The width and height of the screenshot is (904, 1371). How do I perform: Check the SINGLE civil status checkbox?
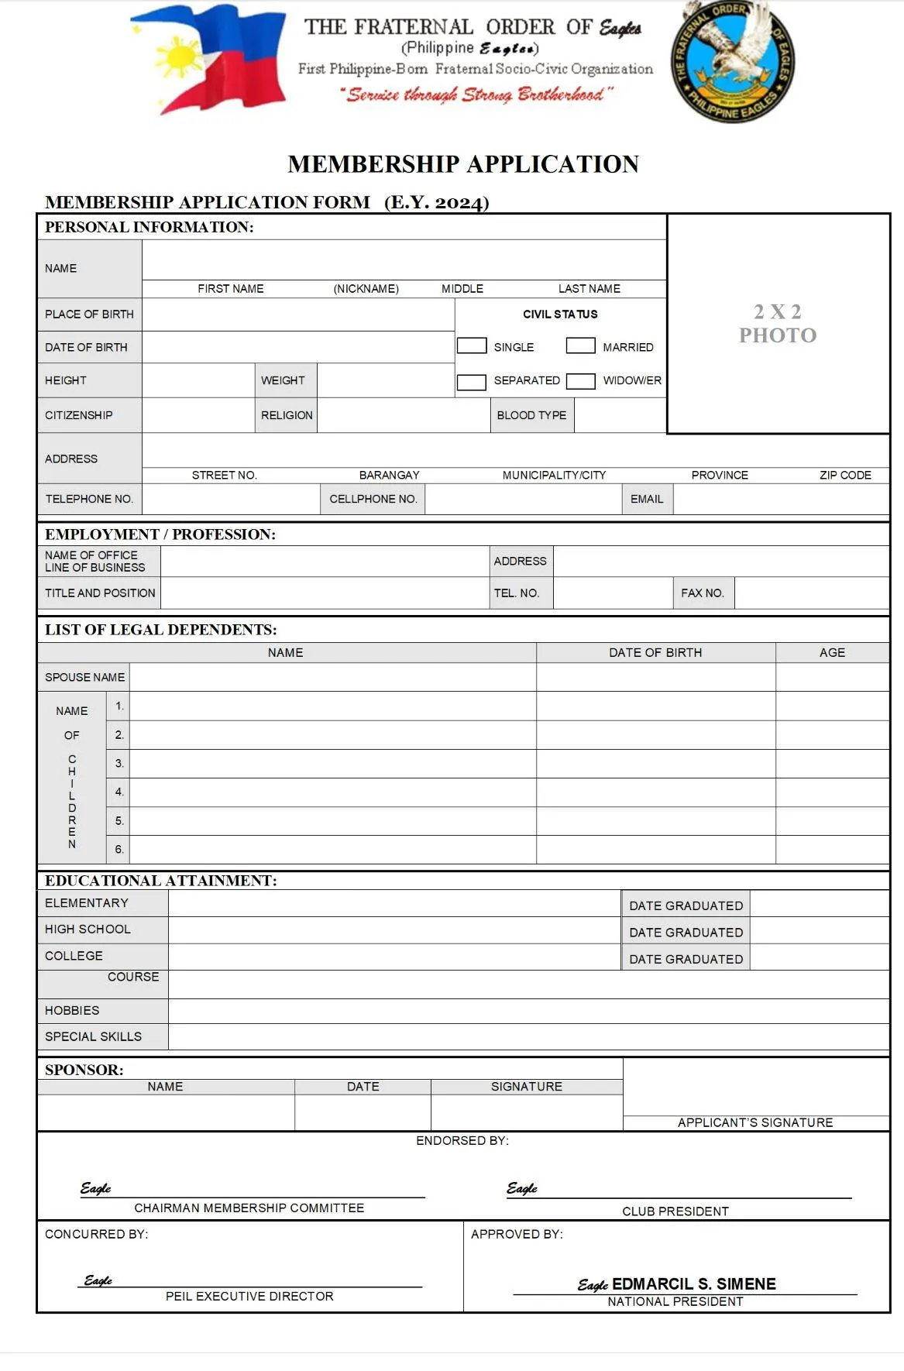(x=471, y=345)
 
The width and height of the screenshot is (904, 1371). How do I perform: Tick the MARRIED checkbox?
(x=580, y=345)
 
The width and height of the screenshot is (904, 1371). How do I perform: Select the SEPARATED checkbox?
(x=471, y=381)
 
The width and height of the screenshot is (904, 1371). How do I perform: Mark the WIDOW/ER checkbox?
(x=580, y=381)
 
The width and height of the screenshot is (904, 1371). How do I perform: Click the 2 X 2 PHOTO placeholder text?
(x=777, y=324)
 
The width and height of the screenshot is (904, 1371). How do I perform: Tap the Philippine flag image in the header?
(x=209, y=59)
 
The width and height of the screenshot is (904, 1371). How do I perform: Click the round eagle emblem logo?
(x=732, y=61)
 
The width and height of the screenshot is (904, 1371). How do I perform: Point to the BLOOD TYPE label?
(x=531, y=415)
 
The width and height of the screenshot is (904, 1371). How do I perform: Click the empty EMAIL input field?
(x=780, y=499)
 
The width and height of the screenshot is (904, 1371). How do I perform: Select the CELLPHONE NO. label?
(x=373, y=499)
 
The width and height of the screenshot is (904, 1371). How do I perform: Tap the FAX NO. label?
(x=703, y=593)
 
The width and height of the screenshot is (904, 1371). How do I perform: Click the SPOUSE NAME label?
(x=84, y=677)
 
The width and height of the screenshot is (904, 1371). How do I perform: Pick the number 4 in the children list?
(x=119, y=792)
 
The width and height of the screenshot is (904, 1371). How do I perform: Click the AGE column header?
(x=832, y=652)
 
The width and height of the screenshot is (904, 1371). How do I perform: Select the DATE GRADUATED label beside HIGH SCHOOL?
(x=686, y=933)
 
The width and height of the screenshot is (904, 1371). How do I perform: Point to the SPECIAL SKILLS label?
(x=93, y=1036)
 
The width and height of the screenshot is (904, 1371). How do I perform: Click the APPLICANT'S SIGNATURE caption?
(x=755, y=1122)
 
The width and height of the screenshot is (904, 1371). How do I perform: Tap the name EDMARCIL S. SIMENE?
(x=693, y=1283)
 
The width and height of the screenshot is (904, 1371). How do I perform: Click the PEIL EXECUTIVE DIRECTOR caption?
(x=249, y=1296)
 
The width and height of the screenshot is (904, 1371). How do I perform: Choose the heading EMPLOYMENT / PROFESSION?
(x=160, y=534)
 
